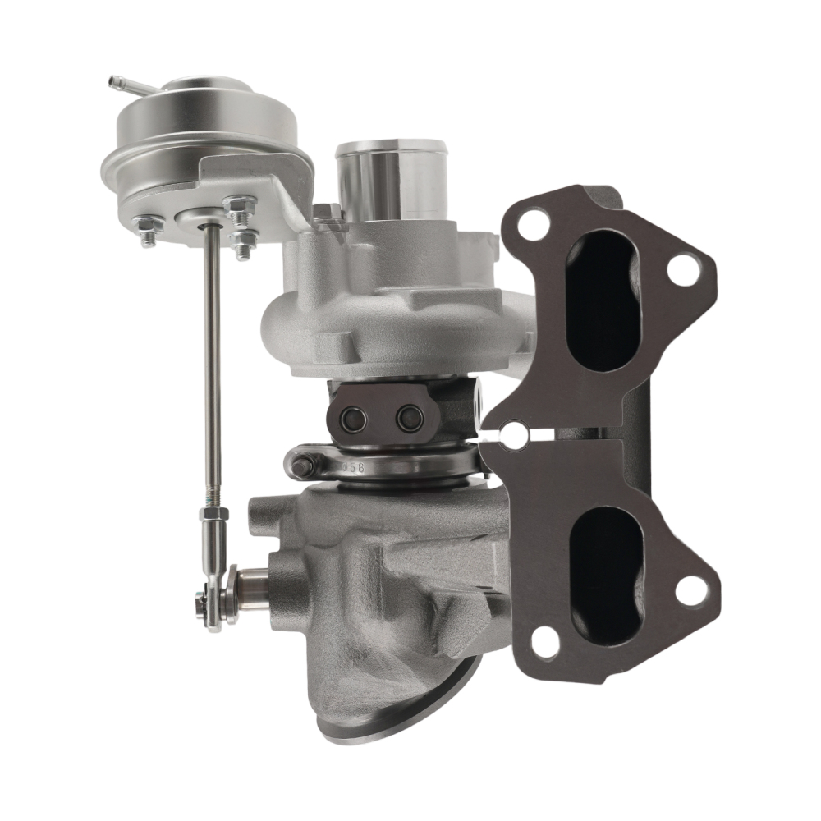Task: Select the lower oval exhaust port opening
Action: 608,566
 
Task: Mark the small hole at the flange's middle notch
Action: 516,436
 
